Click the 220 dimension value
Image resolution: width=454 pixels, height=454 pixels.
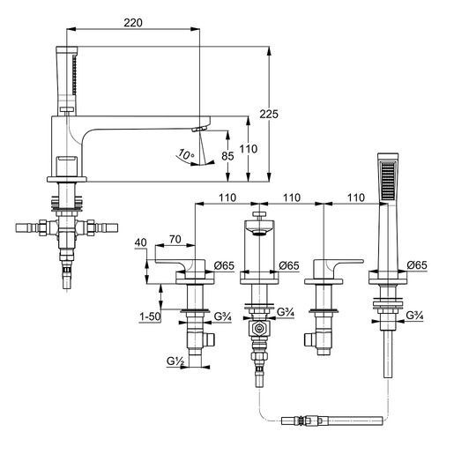click(133, 23)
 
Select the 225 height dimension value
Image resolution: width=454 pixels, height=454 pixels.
click(269, 114)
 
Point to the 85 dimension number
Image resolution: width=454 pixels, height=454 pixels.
click(227, 156)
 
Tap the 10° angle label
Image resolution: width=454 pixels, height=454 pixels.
click(186, 153)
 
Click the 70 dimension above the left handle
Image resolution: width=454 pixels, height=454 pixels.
click(175, 240)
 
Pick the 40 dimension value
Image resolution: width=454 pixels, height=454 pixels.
click(140, 242)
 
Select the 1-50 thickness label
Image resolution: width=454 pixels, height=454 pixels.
click(150, 316)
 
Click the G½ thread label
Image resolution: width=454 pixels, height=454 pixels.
click(175, 361)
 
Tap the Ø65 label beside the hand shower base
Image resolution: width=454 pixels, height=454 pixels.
click(417, 265)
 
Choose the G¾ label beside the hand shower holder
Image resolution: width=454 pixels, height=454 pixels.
click(414, 316)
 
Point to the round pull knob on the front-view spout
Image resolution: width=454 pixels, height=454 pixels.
click(259, 213)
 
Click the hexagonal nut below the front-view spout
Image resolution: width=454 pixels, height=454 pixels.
click(259, 328)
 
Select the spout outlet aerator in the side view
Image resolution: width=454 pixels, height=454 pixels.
click(199, 129)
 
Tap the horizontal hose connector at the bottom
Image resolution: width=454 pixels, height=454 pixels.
click(332, 421)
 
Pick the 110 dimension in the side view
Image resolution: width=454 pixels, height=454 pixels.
click(249, 149)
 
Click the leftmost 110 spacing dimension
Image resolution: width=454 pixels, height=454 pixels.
click(227, 197)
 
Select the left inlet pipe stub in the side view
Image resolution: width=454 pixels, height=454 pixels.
click(27, 228)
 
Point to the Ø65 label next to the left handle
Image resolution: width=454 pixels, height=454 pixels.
click(224, 265)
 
